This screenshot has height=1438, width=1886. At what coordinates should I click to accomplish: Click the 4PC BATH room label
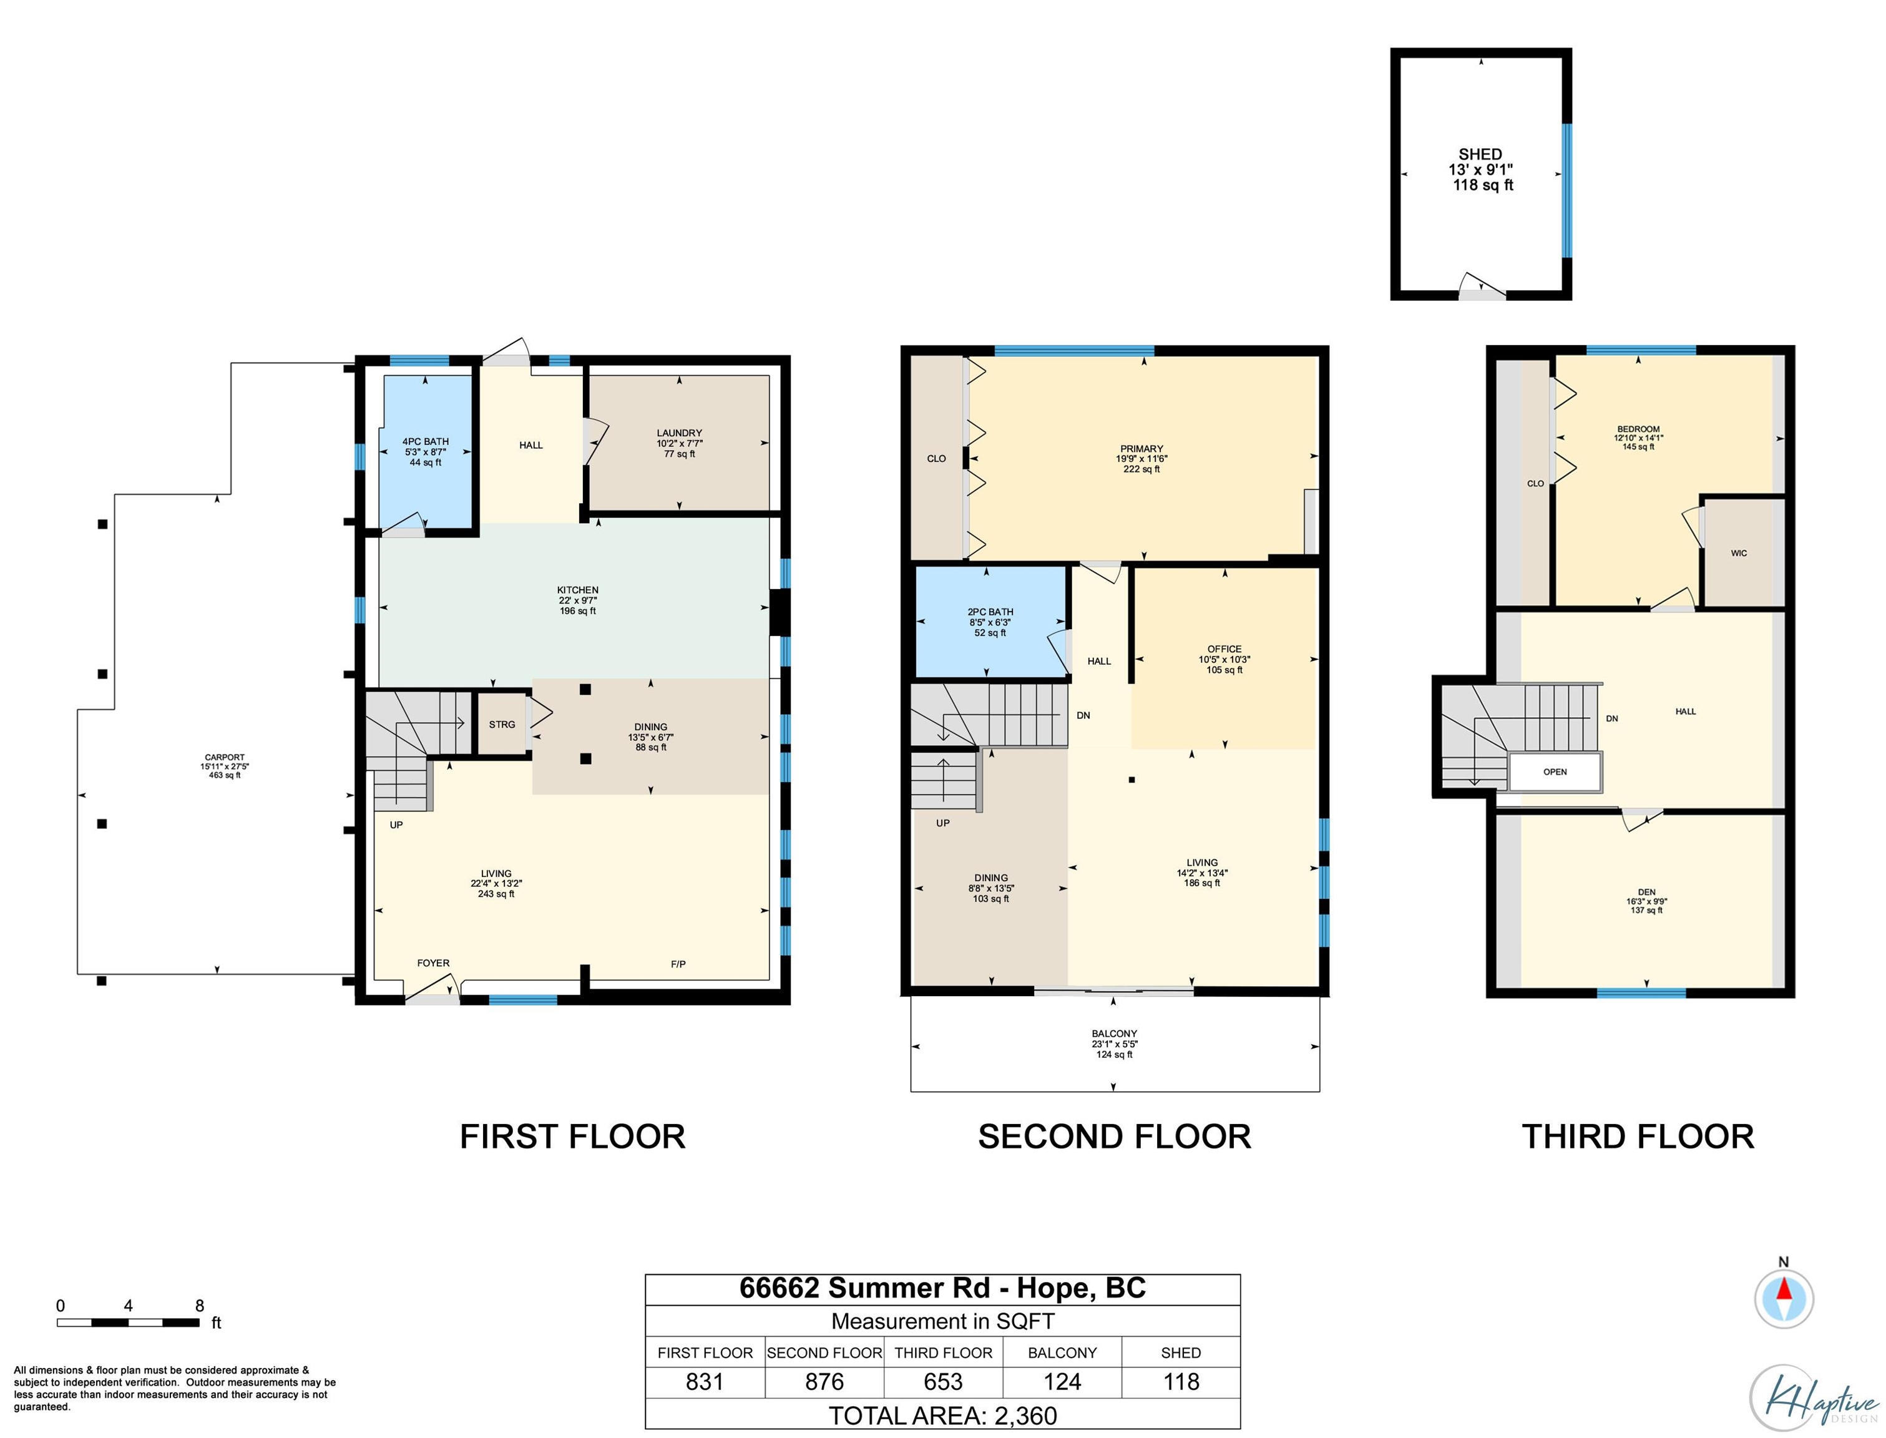pyautogui.click(x=425, y=442)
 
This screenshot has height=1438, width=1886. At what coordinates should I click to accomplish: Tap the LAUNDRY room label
pyautogui.click(x=680, y=433)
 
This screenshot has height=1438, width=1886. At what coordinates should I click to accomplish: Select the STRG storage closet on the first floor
pyautogui.click(x=502, y=724)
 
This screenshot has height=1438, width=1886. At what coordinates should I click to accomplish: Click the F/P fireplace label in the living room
pyautogui.click(x=678, y=964)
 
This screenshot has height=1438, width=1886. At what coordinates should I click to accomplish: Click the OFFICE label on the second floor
pyautogui.click(x=1224, y=649)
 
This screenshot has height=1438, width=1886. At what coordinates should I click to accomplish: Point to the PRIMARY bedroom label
pyautogui.click(x=1141, y=449)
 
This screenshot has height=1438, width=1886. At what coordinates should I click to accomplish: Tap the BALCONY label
pyautogui.click(x=1114, y=1033)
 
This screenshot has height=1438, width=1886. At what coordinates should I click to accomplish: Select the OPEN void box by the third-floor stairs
pyautogui.click(x=1554, y=772)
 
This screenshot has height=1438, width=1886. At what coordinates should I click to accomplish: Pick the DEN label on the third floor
pyautogui.click(x=1646, y=892)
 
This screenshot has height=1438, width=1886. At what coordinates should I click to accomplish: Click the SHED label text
pyautogui.click(x=1480, y=154)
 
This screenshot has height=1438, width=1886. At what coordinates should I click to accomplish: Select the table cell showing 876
pyautogui.click(x=824, y=1381)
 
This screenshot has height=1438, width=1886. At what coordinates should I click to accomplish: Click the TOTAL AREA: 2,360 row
pyautogui.click(x=942, y=1416)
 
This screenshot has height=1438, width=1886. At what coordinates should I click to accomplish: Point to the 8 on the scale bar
pyautogui.click(x=199, y=1305)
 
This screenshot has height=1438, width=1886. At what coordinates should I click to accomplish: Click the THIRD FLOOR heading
pyautogui.click(x=1638, y=1137)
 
